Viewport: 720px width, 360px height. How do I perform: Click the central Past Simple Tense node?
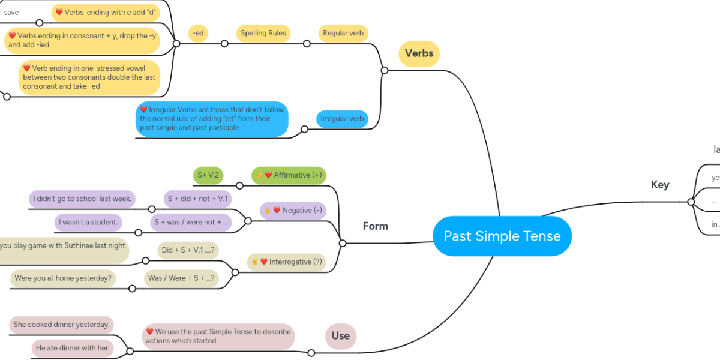[x=502, y=236]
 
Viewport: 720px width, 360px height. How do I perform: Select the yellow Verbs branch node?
[x=419, y=53]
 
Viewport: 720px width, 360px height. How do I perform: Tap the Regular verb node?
[x=343, y=33]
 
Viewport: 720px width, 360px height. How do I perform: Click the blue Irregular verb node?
[x=342, y=119]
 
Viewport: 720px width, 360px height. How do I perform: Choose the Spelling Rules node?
[x=263, y=33]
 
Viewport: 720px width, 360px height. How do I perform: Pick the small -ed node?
[x=198, y=33]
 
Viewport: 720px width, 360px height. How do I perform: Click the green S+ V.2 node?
[x=208, y=175]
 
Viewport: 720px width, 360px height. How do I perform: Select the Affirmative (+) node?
[x=289, y=175]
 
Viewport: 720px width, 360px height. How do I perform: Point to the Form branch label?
[x=375, y=226]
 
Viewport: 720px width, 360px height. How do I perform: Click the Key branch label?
[x=660, y=185]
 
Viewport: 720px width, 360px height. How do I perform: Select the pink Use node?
[x=340, y=335]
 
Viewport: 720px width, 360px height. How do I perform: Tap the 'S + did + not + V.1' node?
[x=198, y=199]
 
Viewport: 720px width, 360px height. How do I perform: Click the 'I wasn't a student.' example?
[x=88, y=222]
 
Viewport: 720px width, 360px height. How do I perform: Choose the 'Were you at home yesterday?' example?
[x=64, y=278]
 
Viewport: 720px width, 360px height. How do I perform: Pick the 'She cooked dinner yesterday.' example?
[x=61, y=325]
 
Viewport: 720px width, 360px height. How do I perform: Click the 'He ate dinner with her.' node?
[x=73, y=347]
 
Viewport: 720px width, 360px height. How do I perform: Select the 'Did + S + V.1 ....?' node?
[x=188, y=250]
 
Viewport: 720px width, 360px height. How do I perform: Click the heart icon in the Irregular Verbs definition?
[x=144, y=110]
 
